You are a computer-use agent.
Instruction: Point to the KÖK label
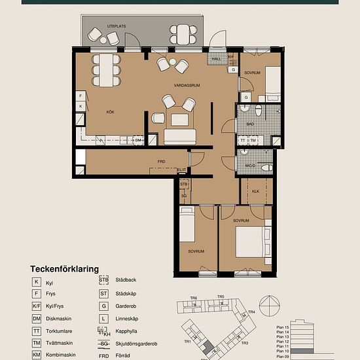[111, 112]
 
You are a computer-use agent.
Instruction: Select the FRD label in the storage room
[161, 160]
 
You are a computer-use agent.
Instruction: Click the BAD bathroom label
[250, 124]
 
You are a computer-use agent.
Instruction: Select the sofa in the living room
[180, 136]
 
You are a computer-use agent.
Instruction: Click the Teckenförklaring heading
[64, 269]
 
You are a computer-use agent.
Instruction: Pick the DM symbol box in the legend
[37, 319]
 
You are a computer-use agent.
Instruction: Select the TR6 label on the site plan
[194, 298]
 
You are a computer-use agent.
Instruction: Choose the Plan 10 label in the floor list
[282, 351]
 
